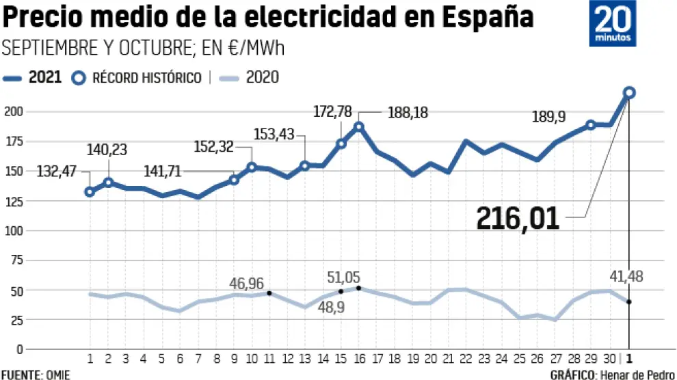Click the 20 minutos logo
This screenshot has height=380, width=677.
(x=613, y=25)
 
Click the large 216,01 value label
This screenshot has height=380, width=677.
(x=518, y=219)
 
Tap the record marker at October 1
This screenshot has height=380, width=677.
(x=629, y=92)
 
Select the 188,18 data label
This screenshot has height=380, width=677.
(x=408, y=113)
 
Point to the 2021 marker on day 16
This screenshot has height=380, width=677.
(x=358, y=127)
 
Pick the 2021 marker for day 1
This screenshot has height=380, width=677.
(x=90, y=191)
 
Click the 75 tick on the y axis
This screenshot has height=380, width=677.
(x=14, y=260)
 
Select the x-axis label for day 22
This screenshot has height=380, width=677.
(x=465, y=358)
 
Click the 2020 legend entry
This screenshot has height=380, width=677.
(x=252, y=77)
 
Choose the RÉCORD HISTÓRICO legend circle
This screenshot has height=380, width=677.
(x=79, y=77)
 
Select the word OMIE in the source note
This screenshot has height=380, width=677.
(x=58, y=375)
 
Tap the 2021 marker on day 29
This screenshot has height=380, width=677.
(x=591, y=125)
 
